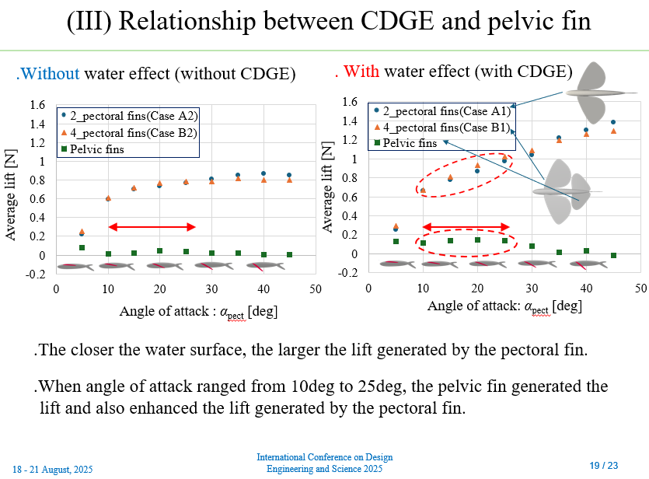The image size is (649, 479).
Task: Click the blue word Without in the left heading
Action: [x=48, y=75]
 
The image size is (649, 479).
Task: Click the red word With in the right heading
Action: [x=363, y=72]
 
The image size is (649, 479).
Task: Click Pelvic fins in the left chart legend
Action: [x=97, y=149]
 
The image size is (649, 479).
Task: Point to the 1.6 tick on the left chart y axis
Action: [x=37, y=105]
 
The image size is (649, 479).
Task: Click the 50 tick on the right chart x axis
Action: [x=640, y=288]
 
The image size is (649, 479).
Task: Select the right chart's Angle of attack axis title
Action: [x=504, y=306]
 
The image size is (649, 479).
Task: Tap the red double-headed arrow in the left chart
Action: [x=152, y=227]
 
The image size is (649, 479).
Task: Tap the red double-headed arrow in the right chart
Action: [x=465, y=227]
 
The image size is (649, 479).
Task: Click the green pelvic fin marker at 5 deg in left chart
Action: [x=82, y=248]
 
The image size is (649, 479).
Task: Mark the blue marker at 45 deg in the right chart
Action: [x=613, y=122]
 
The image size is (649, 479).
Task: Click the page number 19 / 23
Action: [x=604, y=465]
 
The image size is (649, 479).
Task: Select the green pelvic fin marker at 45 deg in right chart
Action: [x=613, y=256]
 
